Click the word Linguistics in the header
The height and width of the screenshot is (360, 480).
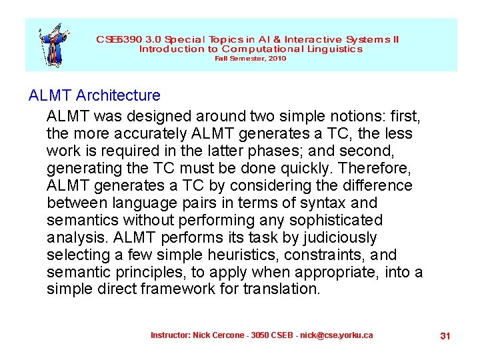click(337, 49)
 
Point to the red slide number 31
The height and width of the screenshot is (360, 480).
click(445, 336)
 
